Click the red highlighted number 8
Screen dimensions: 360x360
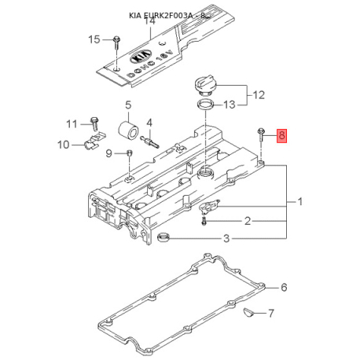click(x=282, y=136)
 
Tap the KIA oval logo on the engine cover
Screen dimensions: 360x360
click(x=141, y=57)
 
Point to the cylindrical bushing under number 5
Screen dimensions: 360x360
click(x=127, y=129)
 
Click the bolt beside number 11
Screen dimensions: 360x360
click(x=94, y=124)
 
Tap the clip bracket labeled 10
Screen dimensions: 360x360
click(x=94, y=141)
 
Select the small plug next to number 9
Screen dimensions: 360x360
click(x=130, y=152)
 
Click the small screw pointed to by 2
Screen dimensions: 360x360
click(x=204, y=221)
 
